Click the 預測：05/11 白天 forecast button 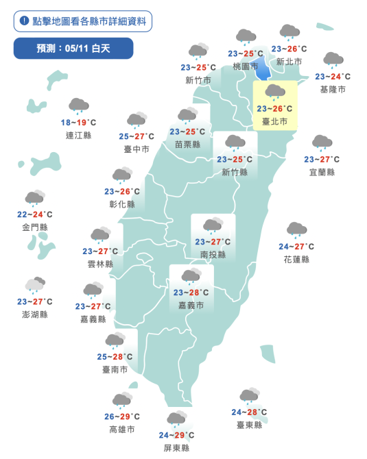[73, 48]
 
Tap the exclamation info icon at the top [25, 21]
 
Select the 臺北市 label [274, 121]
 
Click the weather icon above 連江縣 [79, 106]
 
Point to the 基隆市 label [333, 89]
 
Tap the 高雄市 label [122, 430]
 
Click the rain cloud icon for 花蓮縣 [296, 230]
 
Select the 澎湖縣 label [35, 314]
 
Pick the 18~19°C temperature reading [79, 123]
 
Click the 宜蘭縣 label [322, 172]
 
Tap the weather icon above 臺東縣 [249, 396]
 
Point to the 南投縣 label [213, 254]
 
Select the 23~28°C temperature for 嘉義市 [191, 293]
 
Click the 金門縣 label [35, 227]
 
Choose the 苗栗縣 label [187, 145]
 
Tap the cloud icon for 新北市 [289, 32]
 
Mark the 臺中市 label [137, 149]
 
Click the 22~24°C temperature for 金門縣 [35, 214]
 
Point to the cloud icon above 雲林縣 [101, 235]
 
